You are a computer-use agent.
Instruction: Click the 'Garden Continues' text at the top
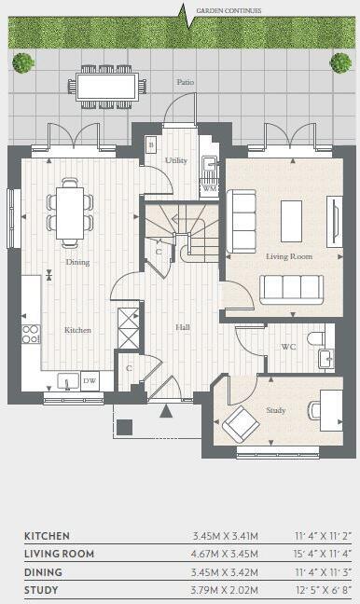[x=228, y=10]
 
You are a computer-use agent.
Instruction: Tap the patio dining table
[x=108, y=86]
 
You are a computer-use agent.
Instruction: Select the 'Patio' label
[x=186, y=83]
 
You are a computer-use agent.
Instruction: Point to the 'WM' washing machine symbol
[x=210, y=188]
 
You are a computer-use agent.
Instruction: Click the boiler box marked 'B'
[x=150, y=145]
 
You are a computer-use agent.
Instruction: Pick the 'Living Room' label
[x=288, y=255]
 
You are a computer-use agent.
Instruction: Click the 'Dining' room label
[x=77, y=262]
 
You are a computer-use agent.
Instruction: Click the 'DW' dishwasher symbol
[x=90, y=380]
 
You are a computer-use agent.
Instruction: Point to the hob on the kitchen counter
[x=30, y=334]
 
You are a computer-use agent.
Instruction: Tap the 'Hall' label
[x=183, y=327]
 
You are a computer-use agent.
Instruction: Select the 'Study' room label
[x=275, y=410]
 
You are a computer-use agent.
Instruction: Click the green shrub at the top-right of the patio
[x=340, y=62]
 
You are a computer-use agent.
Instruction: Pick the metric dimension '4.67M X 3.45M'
[x=224, y=555]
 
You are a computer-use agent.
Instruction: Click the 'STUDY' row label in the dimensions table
[x=41, y=590]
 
